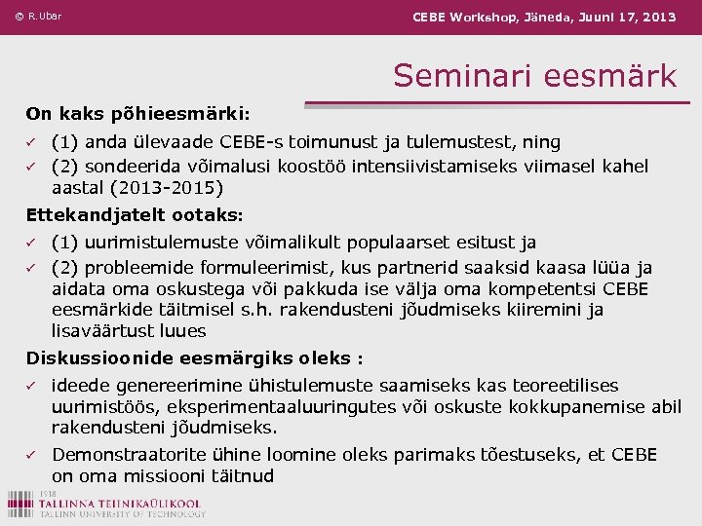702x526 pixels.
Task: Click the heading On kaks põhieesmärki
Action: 137,114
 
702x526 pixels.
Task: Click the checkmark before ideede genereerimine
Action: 30,386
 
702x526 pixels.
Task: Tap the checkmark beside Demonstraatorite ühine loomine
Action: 30,455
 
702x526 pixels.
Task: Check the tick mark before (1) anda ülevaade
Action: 30,142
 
